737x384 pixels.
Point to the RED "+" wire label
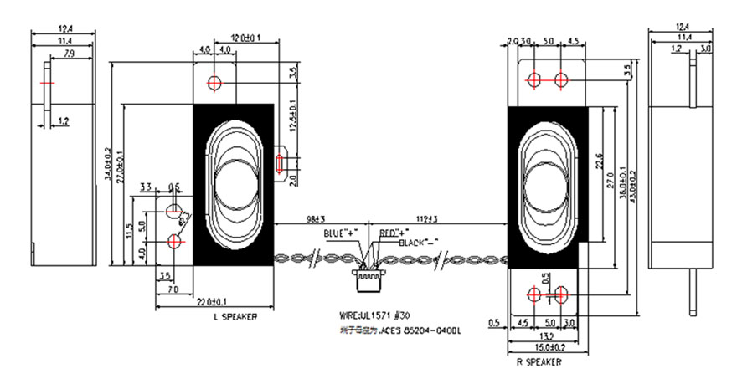tap(394, 232)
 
